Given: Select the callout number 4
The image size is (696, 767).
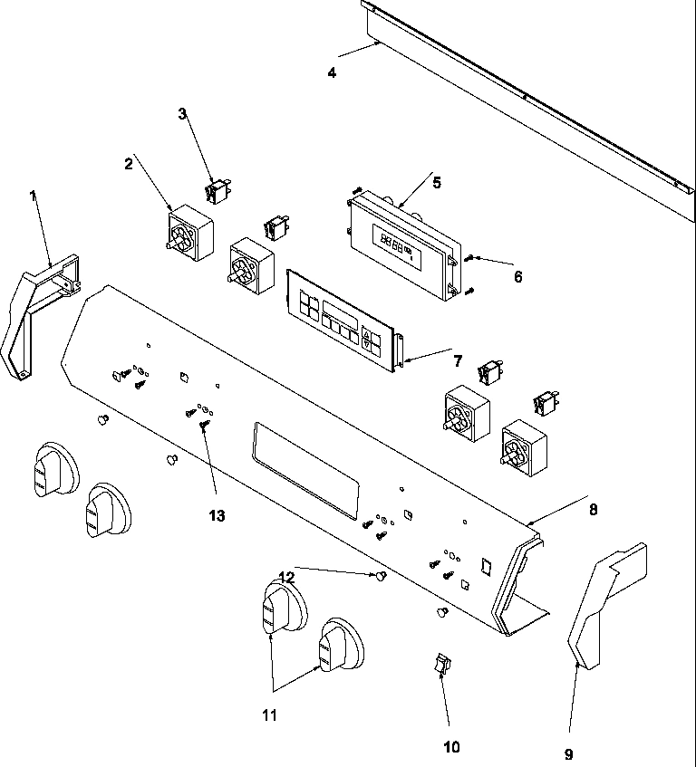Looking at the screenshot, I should point(332,73).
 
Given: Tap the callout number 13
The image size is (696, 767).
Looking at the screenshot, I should point(216,515).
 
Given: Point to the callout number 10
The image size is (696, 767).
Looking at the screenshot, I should point(451,747).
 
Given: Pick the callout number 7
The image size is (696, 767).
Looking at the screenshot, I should point(458,361).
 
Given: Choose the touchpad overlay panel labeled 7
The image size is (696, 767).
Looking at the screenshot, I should point(341,319).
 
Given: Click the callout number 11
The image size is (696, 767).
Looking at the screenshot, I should point(270,714).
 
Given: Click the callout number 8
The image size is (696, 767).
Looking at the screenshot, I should point(594,509).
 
